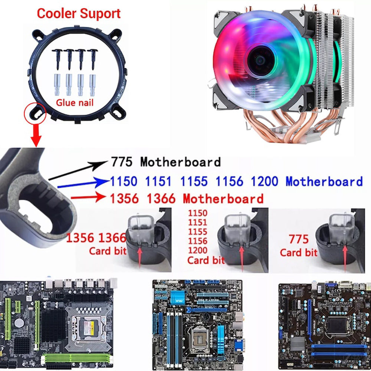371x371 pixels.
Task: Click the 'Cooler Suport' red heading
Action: (x=79, y=14)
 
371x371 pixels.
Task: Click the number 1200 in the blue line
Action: (x=264, y=181)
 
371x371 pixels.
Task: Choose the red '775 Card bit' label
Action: (x=299, y=246)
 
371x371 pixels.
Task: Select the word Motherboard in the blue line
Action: (x=324, y=181)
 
